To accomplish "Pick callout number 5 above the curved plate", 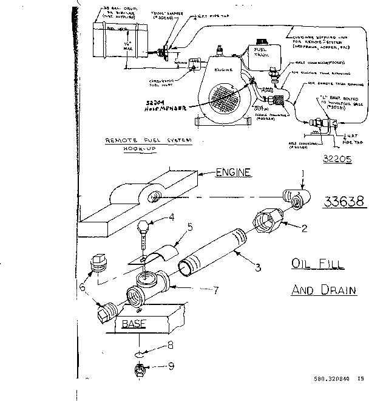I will pyautogui.click(x=190, y=228).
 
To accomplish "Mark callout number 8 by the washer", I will pyautogui.click(x=171, y=346).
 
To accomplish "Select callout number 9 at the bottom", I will pyautogui.click(x=171, y=365).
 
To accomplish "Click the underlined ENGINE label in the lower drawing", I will pyautogui.click(x=233, y=173).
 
